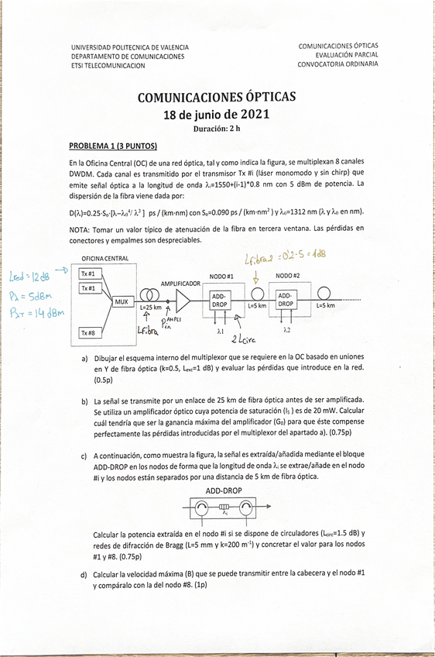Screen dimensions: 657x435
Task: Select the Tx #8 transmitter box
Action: pos(88,332)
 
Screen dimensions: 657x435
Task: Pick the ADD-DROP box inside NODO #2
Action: pos(286,300)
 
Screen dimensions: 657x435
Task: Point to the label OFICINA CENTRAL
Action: pos(105,258)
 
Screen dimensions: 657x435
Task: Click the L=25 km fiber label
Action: pos(152,307)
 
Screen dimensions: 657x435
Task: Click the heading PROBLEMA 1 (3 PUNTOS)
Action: pos(113,145)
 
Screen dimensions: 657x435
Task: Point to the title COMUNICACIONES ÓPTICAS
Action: pos(216,98)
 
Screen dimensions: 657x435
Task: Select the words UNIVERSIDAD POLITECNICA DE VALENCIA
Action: pos(130,48)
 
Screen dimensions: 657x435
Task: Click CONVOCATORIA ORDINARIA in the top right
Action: pos(338,64)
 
